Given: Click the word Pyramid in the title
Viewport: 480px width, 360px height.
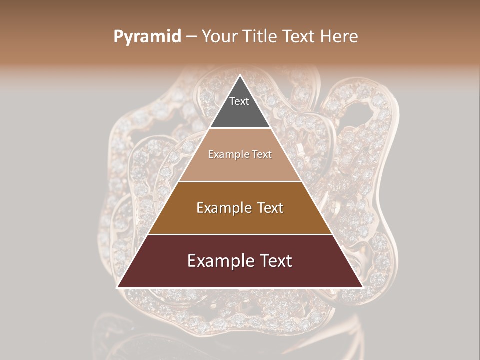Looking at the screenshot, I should coord(147,37).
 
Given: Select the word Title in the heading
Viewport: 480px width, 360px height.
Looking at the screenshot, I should coord(262,36).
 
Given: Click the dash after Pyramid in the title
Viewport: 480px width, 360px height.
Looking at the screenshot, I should coord(191,37).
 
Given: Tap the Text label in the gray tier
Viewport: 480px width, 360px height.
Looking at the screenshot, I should coord(239,101).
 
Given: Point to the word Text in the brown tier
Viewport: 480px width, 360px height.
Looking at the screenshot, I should coord(267,208).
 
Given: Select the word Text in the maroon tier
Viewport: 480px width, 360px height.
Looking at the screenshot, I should coord(274,261).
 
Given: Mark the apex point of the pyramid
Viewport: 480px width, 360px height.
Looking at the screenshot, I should coord(240,76).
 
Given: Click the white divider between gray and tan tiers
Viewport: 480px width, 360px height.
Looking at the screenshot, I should coord(240,128).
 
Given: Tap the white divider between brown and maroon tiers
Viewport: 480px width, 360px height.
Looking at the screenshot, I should coord(240,234).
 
